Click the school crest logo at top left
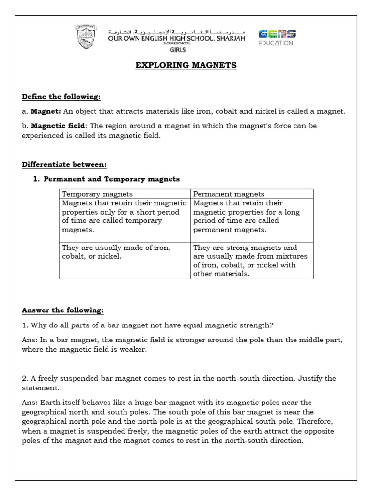pos(87,37)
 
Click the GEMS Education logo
pos(277,37)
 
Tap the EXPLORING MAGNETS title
pos(186,65)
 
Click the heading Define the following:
pos(61,97)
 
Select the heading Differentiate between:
pos(64,164)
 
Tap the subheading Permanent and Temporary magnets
pos(111,179)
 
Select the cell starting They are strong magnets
pos(251,261)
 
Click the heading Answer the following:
pos(62,310)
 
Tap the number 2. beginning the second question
pos(25,378)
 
